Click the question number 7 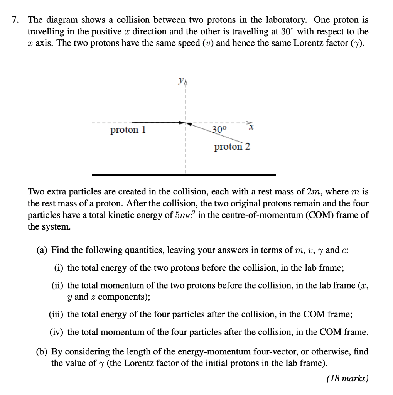(x=15, y=20)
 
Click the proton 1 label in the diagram (x=128, y=130)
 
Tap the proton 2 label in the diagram (x=232, y=147)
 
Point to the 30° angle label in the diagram (x=220, y=129)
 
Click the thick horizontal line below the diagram (x=184, y=175)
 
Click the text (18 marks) (x=347, y=378)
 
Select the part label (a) (x=42, y=250)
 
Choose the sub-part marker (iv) (x=57, y=332)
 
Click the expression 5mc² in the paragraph (x=189, y=215)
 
